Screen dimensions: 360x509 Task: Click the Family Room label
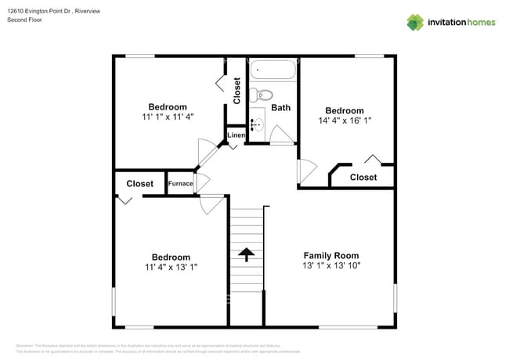[331, 255]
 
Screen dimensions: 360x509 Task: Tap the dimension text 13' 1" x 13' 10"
[331, 266]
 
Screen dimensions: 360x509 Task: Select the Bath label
[280, 107]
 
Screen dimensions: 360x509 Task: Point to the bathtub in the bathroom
[273, 72]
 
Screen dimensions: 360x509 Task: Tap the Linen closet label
[236, 135]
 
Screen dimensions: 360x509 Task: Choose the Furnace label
[180, 184]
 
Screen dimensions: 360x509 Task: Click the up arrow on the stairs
[247, 254]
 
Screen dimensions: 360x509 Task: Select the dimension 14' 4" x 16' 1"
[345, 121]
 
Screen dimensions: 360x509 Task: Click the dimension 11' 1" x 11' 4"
[168, 117]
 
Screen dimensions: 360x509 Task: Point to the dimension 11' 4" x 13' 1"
[171, 267]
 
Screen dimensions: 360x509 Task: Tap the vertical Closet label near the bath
[237, 91]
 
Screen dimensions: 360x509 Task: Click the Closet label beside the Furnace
[140, 184]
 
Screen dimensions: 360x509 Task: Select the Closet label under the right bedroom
[363, 178]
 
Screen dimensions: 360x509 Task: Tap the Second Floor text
[24, 20]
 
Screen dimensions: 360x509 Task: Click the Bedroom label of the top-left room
[168, 106]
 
